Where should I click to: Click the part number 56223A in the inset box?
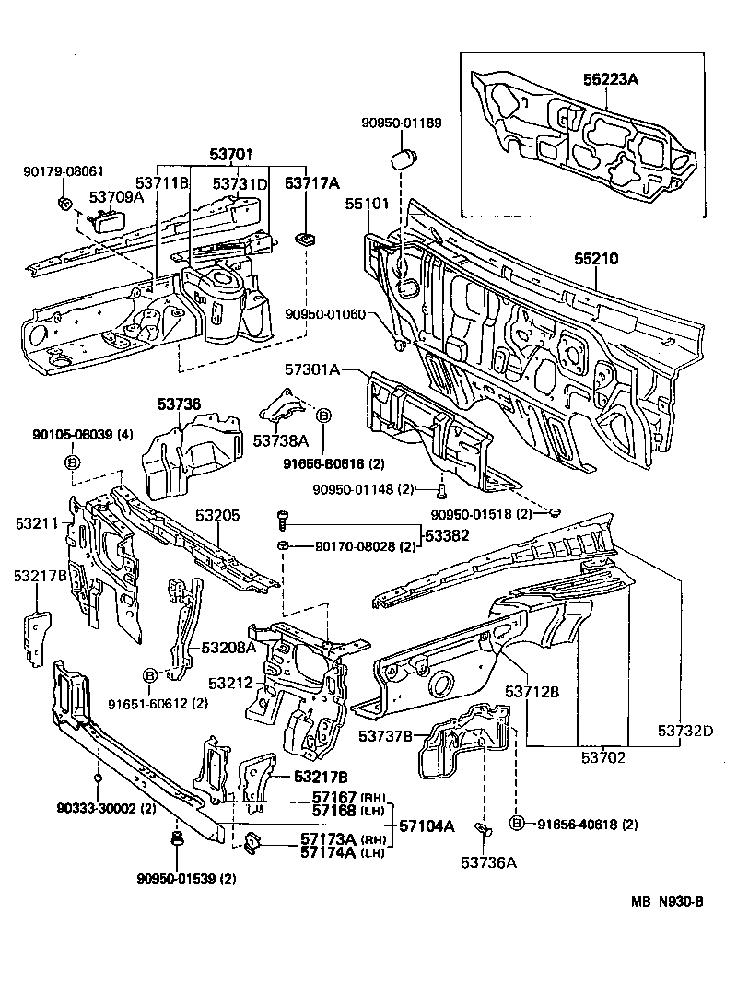610,79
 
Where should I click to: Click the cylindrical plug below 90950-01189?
402,158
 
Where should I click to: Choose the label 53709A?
116,196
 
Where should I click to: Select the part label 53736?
178,404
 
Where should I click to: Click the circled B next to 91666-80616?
323,416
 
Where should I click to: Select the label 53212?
230,684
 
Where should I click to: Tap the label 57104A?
427,825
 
